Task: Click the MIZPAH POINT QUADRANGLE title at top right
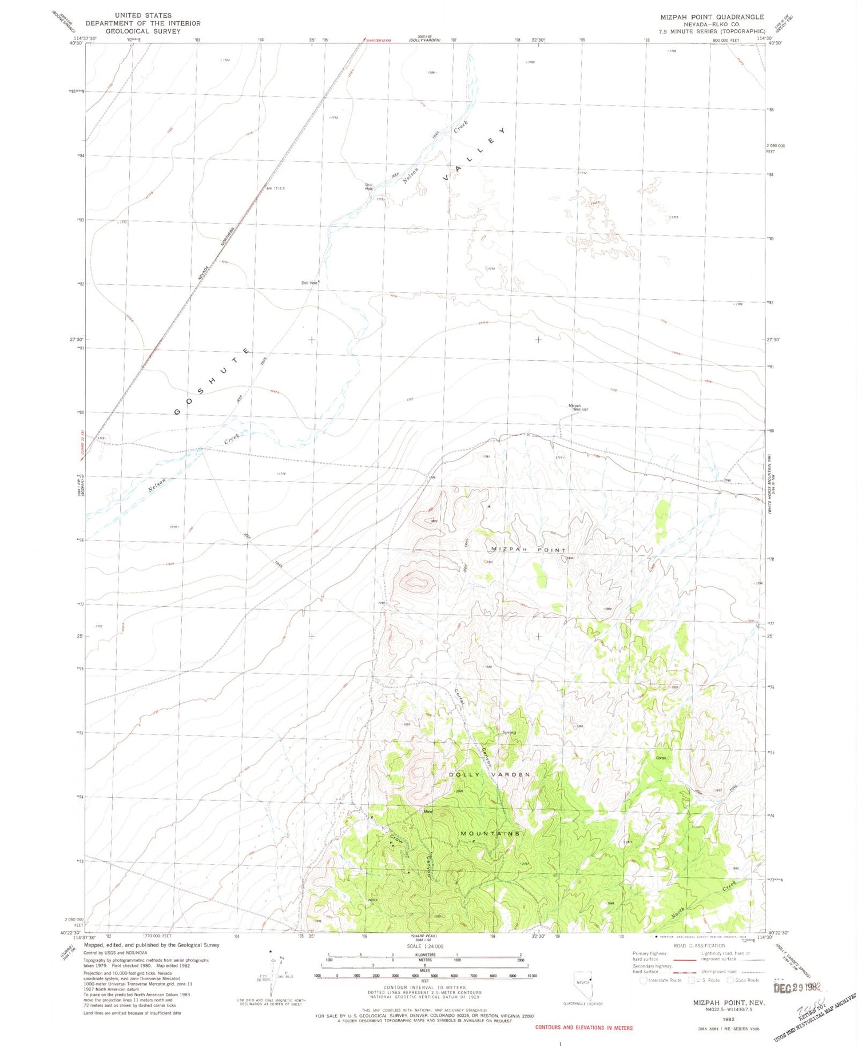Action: (x=712, y=17)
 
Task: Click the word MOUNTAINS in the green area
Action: (x=491, y=833)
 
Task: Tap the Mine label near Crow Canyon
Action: (x=428, y=811)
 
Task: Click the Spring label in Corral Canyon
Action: (x=509, y=732)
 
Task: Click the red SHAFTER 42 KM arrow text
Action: (x=376, y=39)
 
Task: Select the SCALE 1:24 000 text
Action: (x=424, y=946)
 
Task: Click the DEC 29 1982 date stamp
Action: (x=797, y=987)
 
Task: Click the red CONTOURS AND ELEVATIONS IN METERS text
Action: (x=583, y=1027)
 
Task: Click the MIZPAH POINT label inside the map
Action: (x=529, y=549)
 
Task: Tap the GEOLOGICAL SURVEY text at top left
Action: (x=143, y=31)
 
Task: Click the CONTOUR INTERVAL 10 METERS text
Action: (x=424, y=987)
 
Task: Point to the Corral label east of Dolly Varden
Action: (x=661, y=758)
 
